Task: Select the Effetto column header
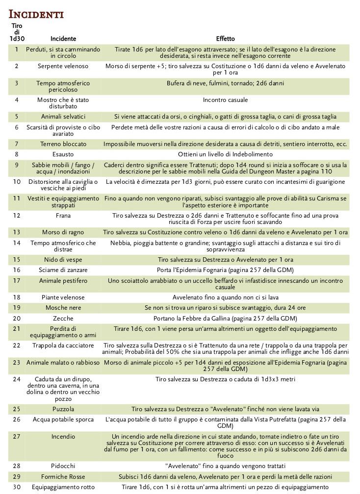pos(225,38)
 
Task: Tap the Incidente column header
pos(63,38)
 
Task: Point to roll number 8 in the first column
pos(17,154)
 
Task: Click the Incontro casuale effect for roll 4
pos(225,100)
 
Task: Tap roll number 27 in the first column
pos(17,436)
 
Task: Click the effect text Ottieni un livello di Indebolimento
pos(225,154)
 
